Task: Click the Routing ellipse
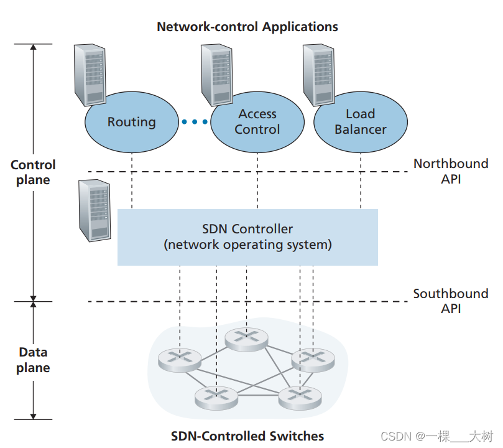point(131,121)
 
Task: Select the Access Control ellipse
point(257,122)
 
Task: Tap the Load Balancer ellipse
point(360,121)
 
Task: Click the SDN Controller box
point(247,237)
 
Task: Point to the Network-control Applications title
point(247,27)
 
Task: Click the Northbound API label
point(451,171)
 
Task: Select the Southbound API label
point(451,301)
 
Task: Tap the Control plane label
point(33,172)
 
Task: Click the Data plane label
point(33,360)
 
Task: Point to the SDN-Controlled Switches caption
point(247,436)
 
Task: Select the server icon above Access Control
point(217,73)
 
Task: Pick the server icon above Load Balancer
point(318,73)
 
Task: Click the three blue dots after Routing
point(195,122)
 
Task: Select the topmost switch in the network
point(246,337)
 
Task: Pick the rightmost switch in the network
point(313,358)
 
